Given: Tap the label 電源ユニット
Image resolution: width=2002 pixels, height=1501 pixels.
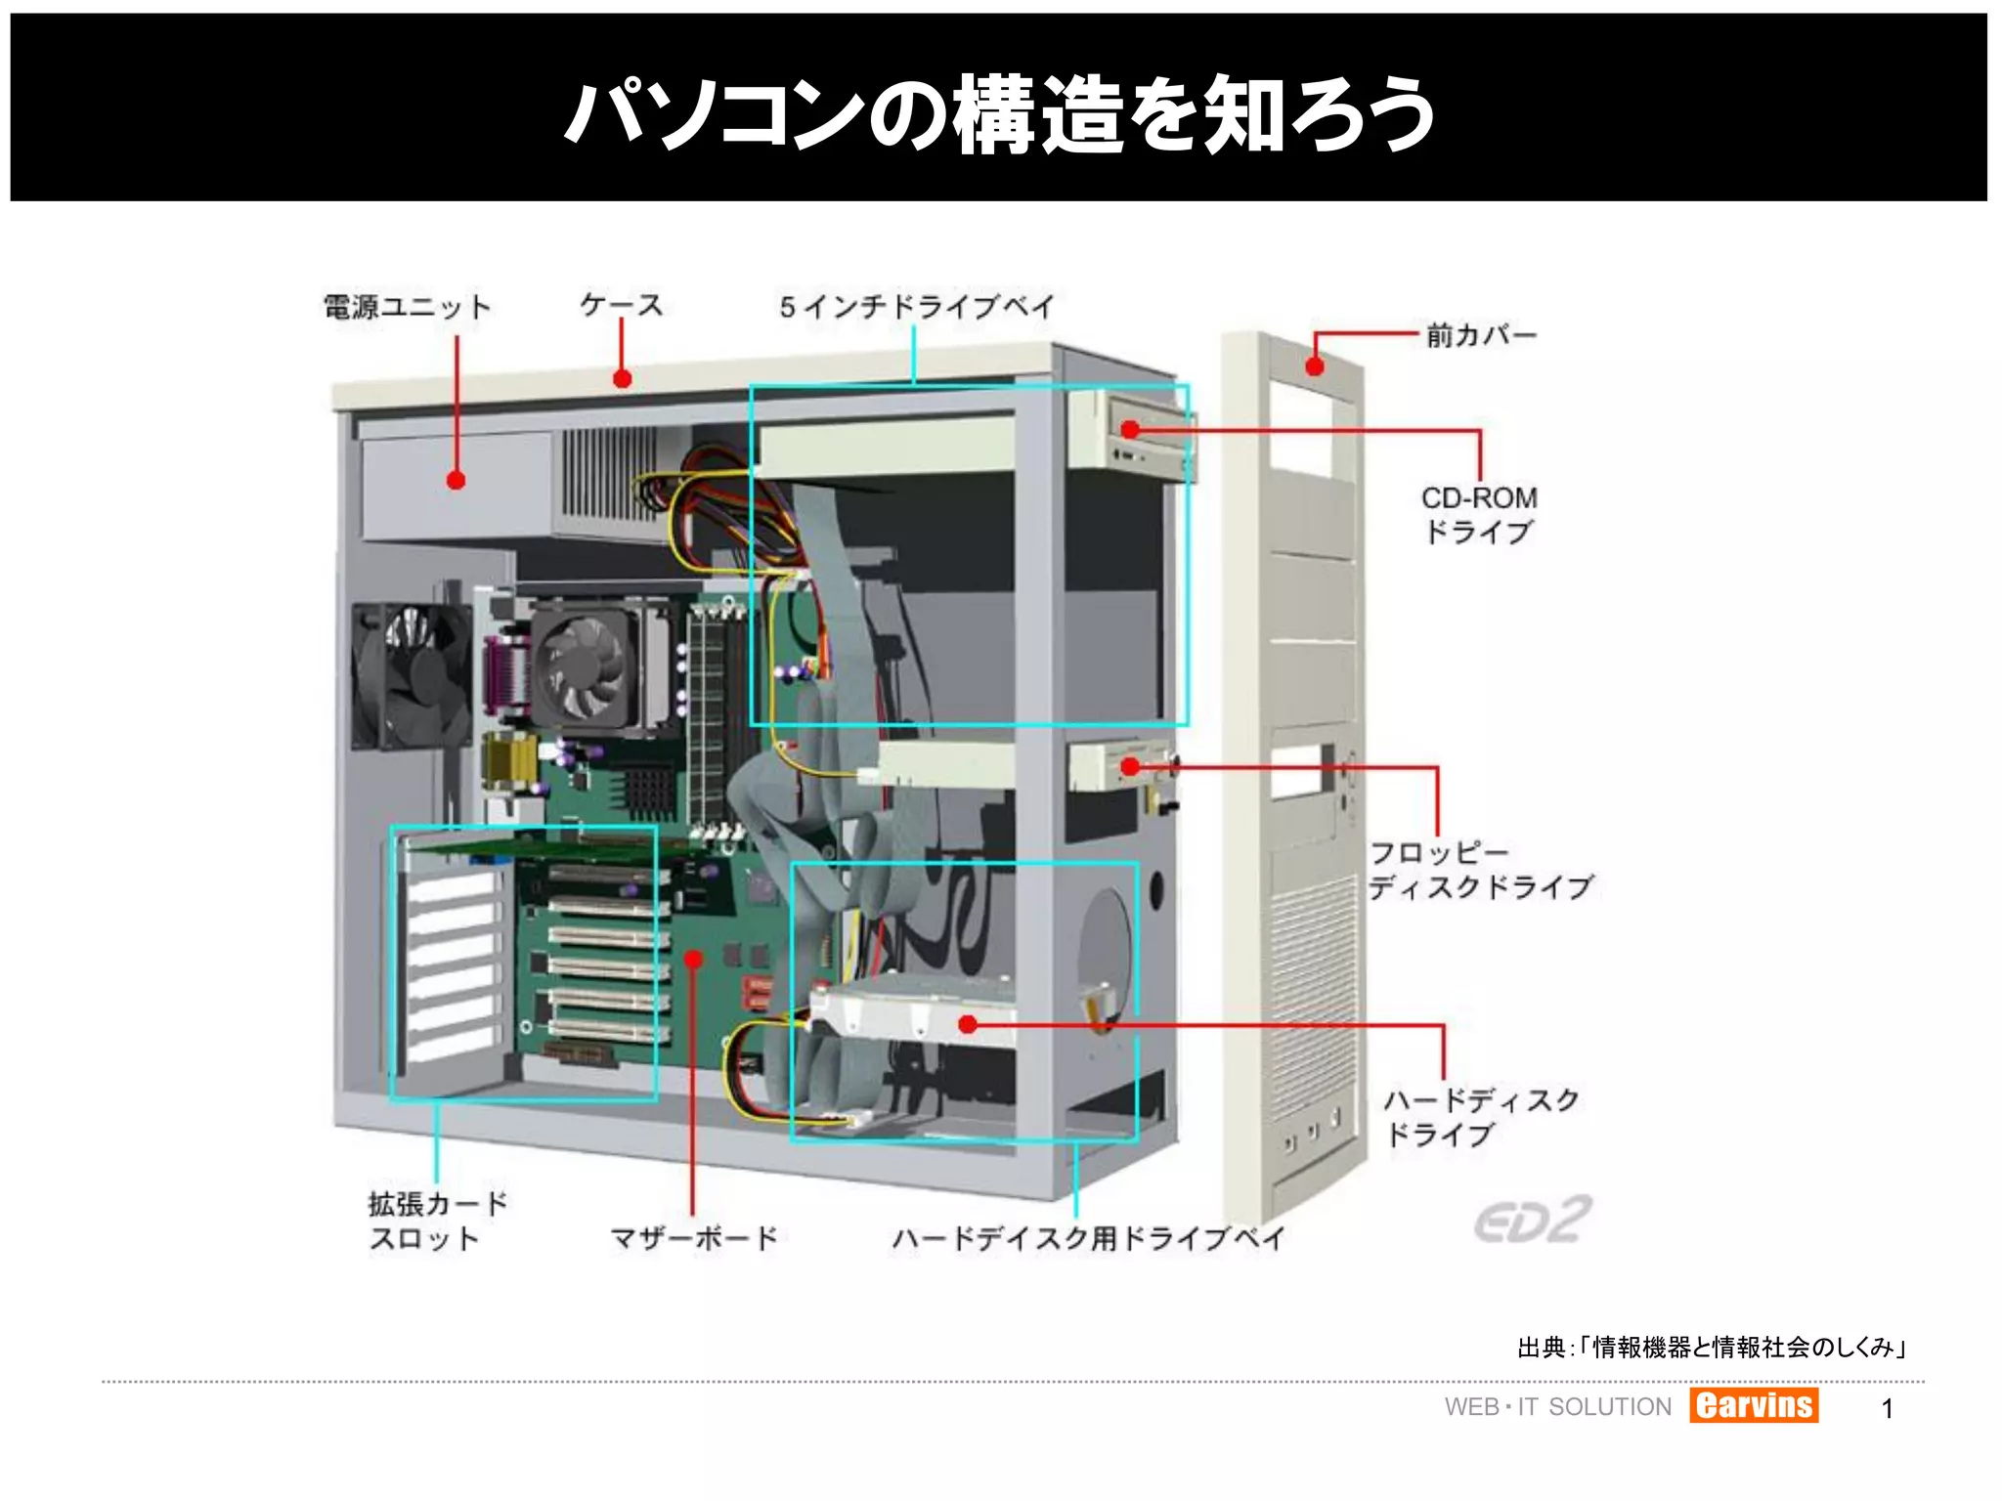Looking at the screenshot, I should pyautogui.click(x=407, y=307).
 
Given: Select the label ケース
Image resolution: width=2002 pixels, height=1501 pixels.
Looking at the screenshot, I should pyautogui.click(x=622, y=305).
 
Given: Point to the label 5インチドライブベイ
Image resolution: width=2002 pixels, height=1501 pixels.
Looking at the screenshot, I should pyautogui.click(x=917, y=307).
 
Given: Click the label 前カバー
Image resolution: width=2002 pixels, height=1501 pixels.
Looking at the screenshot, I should pyautogui.click(x=1481, y=336).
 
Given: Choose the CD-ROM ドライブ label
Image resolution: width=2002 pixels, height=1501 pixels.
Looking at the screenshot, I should pyautogui.click(x=1479, y=515).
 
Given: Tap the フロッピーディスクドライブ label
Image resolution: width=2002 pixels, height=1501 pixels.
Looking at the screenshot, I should pyautogui.click(x=1480, y=870).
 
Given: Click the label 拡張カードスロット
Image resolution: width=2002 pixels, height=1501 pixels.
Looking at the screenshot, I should pyautogui.click(x=437, y=1221).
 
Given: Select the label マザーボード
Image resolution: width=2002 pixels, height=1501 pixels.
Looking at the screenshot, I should pyautogui.click(x=693, y=1238).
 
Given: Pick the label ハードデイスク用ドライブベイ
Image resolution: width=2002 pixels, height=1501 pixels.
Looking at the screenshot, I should pyautogui.click(x=1088, y=1238).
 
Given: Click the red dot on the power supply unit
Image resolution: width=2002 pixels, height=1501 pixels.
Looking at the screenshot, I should pyautogui.click(x=456, y=480).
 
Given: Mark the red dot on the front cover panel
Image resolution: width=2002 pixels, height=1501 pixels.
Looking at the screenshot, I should pyautogui.click(x=1315, y=366).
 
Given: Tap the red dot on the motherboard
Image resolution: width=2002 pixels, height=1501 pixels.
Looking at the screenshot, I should pyautogui.click(x=693, y=959).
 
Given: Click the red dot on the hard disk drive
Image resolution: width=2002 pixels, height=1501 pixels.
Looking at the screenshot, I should pyautogui.click(x=968, y=1024).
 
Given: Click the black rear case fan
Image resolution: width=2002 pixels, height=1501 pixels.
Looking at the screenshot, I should pyautogui.click(x=411, y=675).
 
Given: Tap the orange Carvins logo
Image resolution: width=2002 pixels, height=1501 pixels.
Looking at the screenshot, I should pyautogui.click(x=1754, y=1405).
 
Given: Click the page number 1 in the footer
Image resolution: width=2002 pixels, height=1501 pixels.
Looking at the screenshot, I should pyautogui.click(x=1888, y=1408).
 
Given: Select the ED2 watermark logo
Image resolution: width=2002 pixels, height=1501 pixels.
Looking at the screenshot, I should pyautogui.click(x=1533, y=1221).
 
